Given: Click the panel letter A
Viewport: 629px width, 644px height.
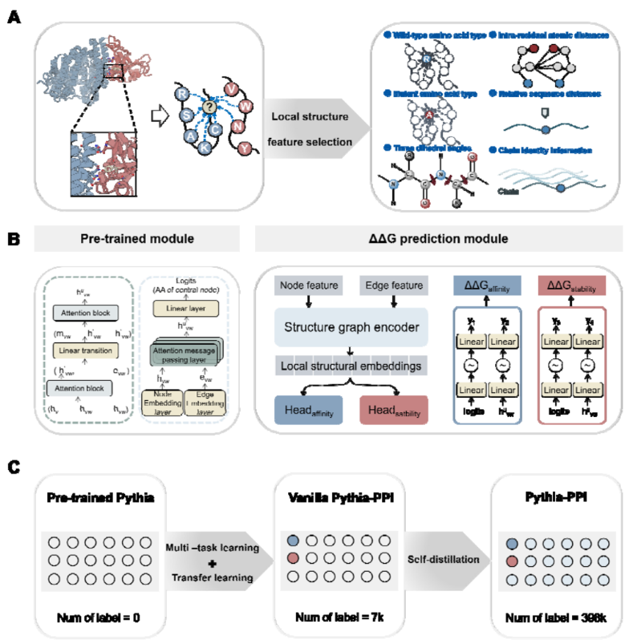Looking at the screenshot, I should coord(14,14).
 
